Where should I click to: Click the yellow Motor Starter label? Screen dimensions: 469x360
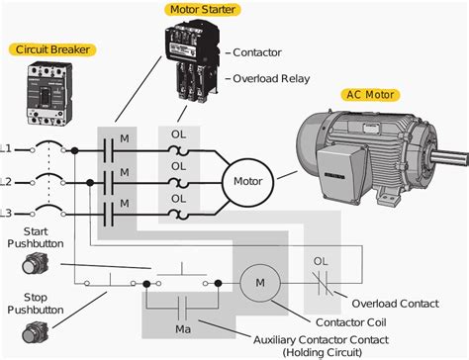pyautogui.click(x=203, y=10)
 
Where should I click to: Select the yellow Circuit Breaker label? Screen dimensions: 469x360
pyautogui.click(x=52, y=49)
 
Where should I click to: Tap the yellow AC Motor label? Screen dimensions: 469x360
pyautogui.click(x=370, y=95)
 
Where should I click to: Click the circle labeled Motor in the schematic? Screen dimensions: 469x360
pyautogui.click(x=247, y=182)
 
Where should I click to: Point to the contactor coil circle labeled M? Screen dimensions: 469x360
pyautogui.click(x=260, y=283)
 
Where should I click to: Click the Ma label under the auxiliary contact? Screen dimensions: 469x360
pyautogui.click(x=183, y=329)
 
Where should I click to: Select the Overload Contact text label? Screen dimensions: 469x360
pyautogui.click(x=395, y=304)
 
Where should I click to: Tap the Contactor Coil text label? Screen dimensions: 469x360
pyautogui.click(x=350, y=322)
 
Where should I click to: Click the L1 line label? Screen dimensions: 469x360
pyautogui.click(x=5, y=148)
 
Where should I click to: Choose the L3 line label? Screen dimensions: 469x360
pyautogui.click(x=5, y=214)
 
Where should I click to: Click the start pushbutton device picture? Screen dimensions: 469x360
pyautogui.click(x=36, y=263)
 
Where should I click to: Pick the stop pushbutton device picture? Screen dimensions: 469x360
pyautogui.click(x=36, y=332)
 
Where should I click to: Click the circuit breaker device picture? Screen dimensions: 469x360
pyautogui.click(x=49, y=94)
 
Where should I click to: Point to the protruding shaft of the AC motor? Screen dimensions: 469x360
pyautogui.click(x=449, y=157)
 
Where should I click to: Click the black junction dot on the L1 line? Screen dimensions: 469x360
pyautogui.click(x=75, y=150)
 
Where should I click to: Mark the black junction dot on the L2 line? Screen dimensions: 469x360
pyautogui.click(x=90, y=183)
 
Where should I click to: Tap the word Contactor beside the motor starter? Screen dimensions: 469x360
pyautogui.click(x=257, y=52)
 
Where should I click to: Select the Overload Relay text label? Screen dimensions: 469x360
pyautogui.click(x=271, y=79)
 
